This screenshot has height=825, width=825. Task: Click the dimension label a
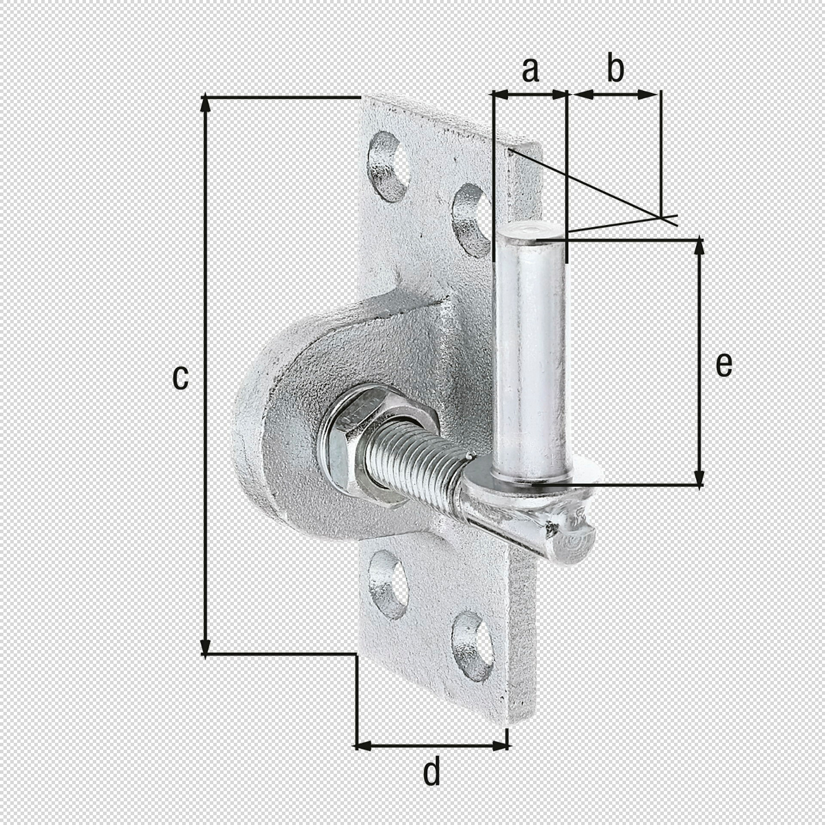[530, 70]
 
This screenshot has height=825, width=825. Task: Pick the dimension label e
[724, 365]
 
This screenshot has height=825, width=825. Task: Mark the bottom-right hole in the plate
[471, 647]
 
